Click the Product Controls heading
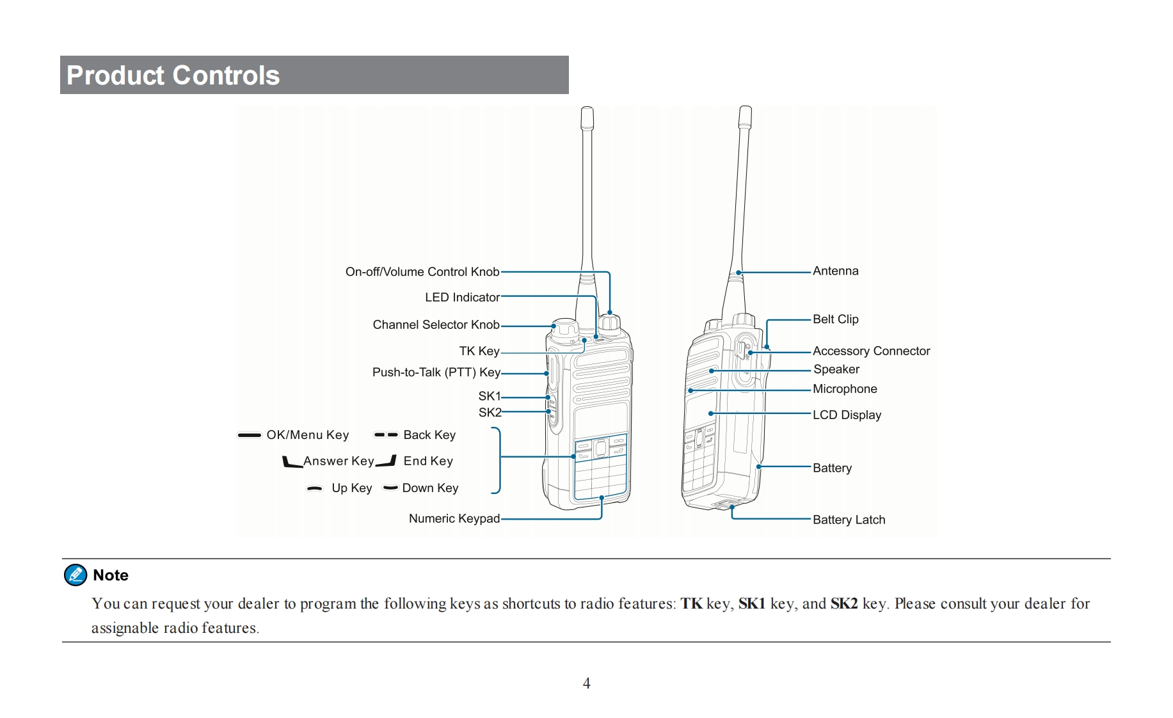[x=173, y=76]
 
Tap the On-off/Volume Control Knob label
[x=422, y=272]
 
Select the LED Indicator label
[x=462, y=298]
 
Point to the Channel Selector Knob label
[x=436, y=325]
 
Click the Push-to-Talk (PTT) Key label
[x=436, y=372]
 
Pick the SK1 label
[x=490, y=396]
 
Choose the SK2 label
[x=490, y=413]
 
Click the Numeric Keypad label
[x=454, y=519]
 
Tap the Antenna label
[x=835, y=271]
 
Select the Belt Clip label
[x=835, y=319]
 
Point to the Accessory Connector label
[x=871, y=351]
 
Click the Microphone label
[x=845, y=389]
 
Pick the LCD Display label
[x=847, y=415]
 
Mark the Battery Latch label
[x=849, y=520]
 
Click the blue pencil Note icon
[x=76, y=575]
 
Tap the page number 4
[x=586, y=683]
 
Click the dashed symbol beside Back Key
[x=386, y=435]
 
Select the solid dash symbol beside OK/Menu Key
[x=249, y=435]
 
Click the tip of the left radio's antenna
[x=587, y=110]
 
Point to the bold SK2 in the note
[x=843, y=604]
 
